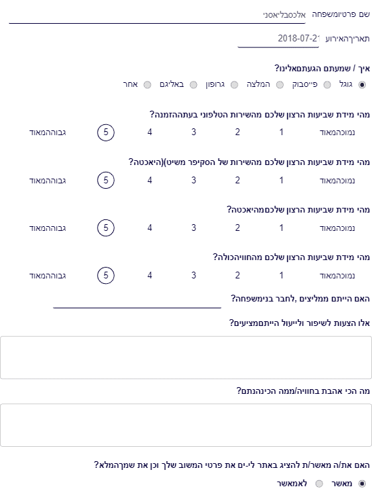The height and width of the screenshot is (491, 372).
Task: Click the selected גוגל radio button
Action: coord(362,85)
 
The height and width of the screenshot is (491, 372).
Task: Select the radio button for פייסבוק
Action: coord(327,85)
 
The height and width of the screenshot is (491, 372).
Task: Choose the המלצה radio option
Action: coord(280,85)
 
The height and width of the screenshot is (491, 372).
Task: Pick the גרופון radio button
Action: coord(234,85)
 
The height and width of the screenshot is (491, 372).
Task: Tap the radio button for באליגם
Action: coord(193,85)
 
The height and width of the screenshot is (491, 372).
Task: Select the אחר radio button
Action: coord(147,85)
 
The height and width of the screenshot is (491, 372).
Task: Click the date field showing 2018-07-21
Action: coord(278,39)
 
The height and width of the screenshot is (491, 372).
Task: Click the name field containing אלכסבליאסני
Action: coord(157,15)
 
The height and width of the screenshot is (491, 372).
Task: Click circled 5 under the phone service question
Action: coord(106,132)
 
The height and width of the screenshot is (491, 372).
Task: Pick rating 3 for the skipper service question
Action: coord(194,181)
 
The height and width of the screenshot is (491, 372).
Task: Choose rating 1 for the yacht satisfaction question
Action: coord(281,228)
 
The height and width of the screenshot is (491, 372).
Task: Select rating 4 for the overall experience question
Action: coord(149,275)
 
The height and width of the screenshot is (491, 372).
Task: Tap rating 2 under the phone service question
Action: coord(238,132)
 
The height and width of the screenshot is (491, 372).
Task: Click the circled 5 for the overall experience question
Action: coord(106,275)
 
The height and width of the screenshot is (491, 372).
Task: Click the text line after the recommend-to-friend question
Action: coord(137,308)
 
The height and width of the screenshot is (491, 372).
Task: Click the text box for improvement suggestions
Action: coord(186,358)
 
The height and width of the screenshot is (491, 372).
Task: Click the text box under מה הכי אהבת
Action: coord(186,425)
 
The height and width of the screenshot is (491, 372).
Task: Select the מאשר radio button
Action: coord(362,484)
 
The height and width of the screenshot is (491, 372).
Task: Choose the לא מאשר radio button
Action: coord(319,484)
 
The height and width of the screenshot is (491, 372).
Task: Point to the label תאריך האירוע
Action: coord(348,39)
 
